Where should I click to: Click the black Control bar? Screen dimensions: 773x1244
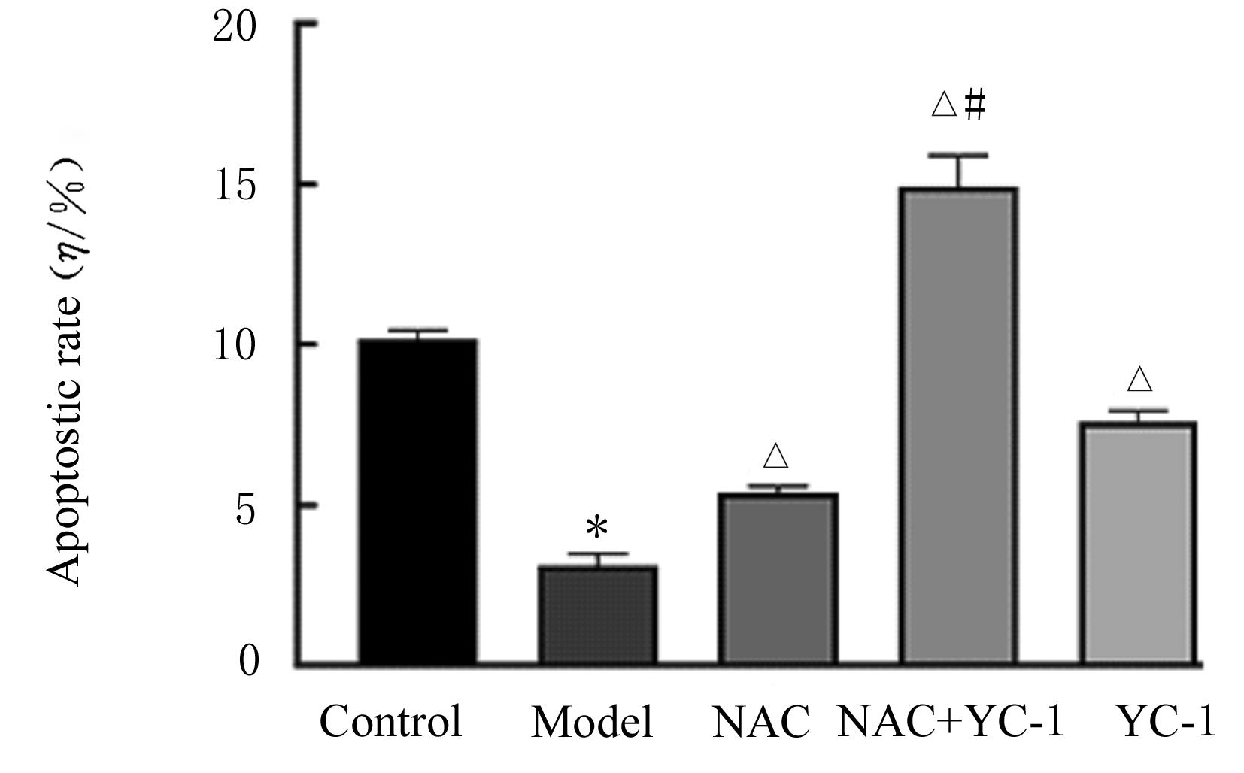[x=417, y=502]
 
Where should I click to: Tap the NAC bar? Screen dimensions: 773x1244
[x=777, y=579]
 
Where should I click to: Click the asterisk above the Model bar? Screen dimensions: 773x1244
[x=596, y=528]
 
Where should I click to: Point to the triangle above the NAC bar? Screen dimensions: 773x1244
[x=775, y=456]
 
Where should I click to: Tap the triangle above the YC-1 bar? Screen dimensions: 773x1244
[x=1139, y=379]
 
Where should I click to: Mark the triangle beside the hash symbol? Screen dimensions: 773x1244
[x=945, y=104]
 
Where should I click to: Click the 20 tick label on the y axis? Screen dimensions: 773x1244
[x=235, y=27]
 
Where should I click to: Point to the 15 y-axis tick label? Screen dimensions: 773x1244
[x=235, y=185]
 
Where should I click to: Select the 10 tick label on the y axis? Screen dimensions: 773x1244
[x=235, y=345]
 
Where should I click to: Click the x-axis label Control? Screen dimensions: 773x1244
[x=390, y=722]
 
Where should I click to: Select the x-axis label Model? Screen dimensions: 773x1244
[x=591, y=723]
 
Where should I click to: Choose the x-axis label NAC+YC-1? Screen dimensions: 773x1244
[x=951, y=722]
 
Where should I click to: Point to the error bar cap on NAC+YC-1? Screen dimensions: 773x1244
[x=959, y=156]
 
